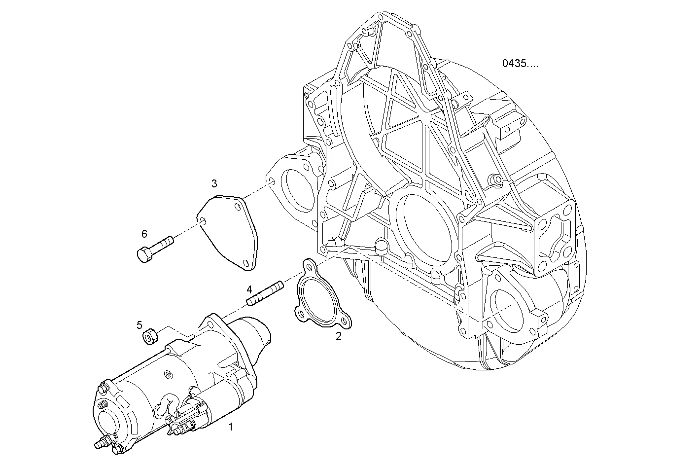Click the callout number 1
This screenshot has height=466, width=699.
coord(230,427)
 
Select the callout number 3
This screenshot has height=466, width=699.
coord(214,184)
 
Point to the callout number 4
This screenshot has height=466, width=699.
coord(249,289)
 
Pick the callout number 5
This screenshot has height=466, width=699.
coord(140,325)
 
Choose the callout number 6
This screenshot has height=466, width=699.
coord(144,233)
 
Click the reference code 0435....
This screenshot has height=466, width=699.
coord(520,64)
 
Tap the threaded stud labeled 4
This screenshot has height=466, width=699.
coord(265,293)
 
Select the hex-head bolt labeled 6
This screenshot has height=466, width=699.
coord(155,248)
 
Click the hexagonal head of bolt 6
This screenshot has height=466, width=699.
coord(143,255)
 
